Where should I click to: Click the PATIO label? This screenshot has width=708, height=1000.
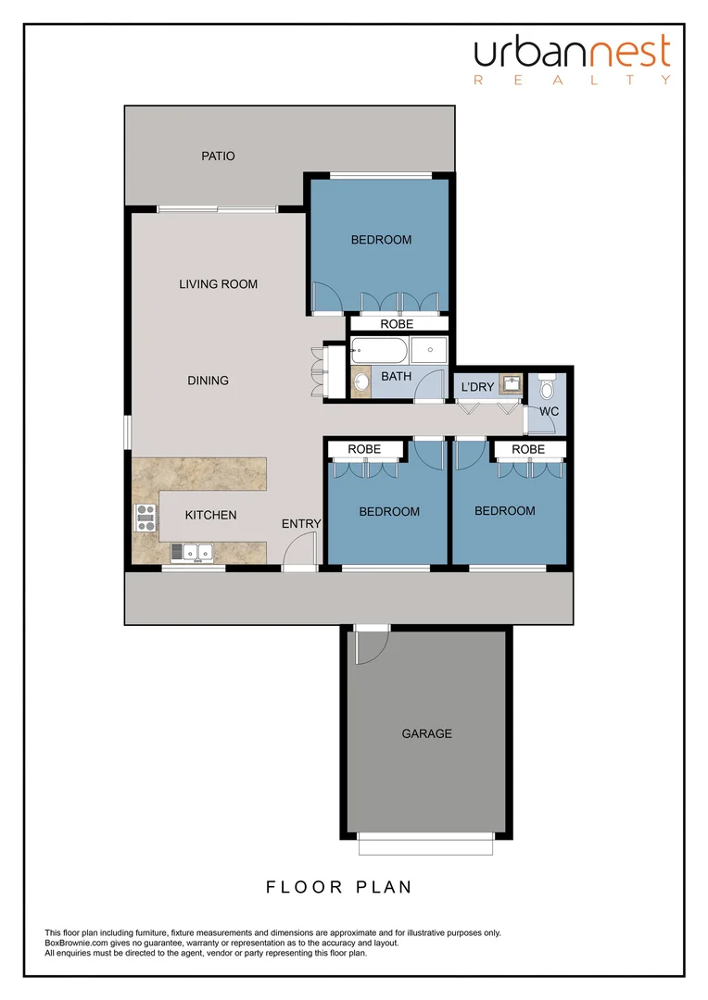218,156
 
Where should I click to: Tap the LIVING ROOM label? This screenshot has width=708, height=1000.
218,284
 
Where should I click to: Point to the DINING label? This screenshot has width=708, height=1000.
208,381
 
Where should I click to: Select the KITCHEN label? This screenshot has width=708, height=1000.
210,516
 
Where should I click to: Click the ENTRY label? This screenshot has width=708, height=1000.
301,524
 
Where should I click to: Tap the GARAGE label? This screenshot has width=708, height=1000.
426,733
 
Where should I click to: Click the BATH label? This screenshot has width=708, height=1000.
396,377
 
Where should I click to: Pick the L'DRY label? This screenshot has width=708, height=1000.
477,387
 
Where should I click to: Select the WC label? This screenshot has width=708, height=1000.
550,411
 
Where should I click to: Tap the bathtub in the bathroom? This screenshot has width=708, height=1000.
378,351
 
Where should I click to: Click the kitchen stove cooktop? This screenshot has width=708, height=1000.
145,517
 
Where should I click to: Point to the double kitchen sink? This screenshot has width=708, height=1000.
194,553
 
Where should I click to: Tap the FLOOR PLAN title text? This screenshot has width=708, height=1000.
339,887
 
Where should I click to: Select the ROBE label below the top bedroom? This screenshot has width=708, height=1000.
397,324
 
